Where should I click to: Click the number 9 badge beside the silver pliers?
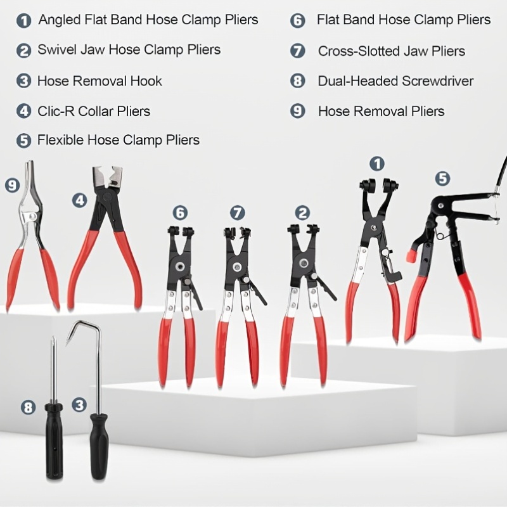(x=13, y=186)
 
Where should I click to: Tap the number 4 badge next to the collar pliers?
(x=80, y=200)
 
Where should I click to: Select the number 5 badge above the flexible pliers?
(x=442, y=179)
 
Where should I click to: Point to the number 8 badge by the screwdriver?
(x=28, y=408)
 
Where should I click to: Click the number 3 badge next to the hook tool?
(x=79, y=404)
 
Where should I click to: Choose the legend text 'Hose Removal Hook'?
(x=99, y=81)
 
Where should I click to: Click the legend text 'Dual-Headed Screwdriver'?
(x=395, y=81)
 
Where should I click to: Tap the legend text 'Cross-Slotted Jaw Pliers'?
(x=392, y=51)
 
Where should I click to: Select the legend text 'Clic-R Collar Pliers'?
(x=94, y=112)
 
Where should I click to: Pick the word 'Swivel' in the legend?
(x=56, y=49)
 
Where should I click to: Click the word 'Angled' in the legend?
(x=59, y=20)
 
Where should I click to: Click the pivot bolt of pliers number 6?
(x=179, y=267)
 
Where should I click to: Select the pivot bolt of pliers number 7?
(x=237, y=267)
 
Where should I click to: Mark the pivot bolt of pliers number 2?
(x=304, y=263)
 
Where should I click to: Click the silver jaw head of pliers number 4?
(x=107, y=176)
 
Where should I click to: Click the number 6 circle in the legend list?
(x=297, y=21)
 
